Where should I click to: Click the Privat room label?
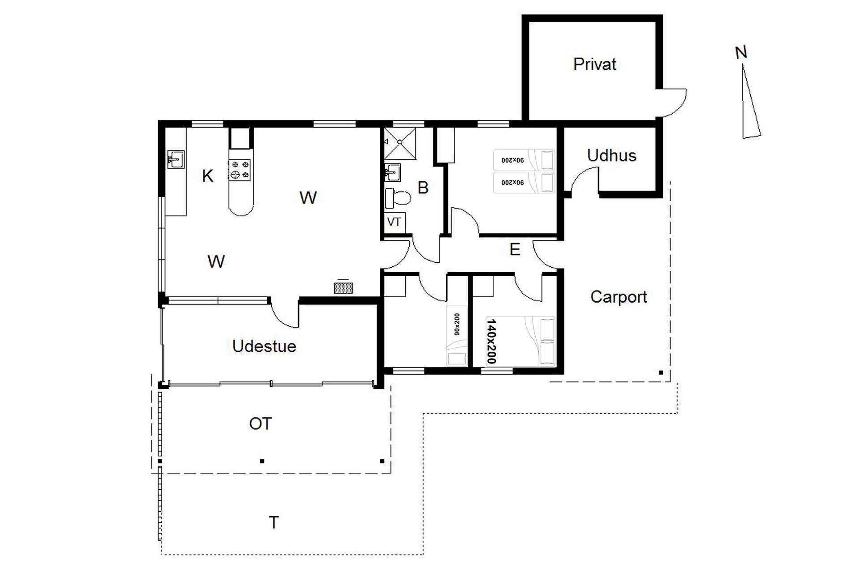coord(595,64)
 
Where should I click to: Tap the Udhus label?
coord(611,155)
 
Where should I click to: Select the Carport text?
coord(619,297)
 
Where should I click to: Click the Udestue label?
coord(264,346)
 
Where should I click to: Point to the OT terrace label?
coord(260,423)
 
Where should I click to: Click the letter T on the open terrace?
coord(274,522)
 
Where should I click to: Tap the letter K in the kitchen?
coord(207,176)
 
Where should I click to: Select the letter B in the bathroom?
coord(423,188)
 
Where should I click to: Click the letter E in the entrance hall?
coord(515,249)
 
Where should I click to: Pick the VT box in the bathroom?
coord(394,222)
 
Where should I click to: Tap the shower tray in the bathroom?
coord(400,144)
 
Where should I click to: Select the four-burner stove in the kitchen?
coord(240,170)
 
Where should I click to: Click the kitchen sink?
coord(176,159)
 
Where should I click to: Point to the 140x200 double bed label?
coord(491,341)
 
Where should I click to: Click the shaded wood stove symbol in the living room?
coord(343,288)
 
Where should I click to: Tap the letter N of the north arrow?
coord(741,53)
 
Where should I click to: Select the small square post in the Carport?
coord(661,372)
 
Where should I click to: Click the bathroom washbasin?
coord(393,172)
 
